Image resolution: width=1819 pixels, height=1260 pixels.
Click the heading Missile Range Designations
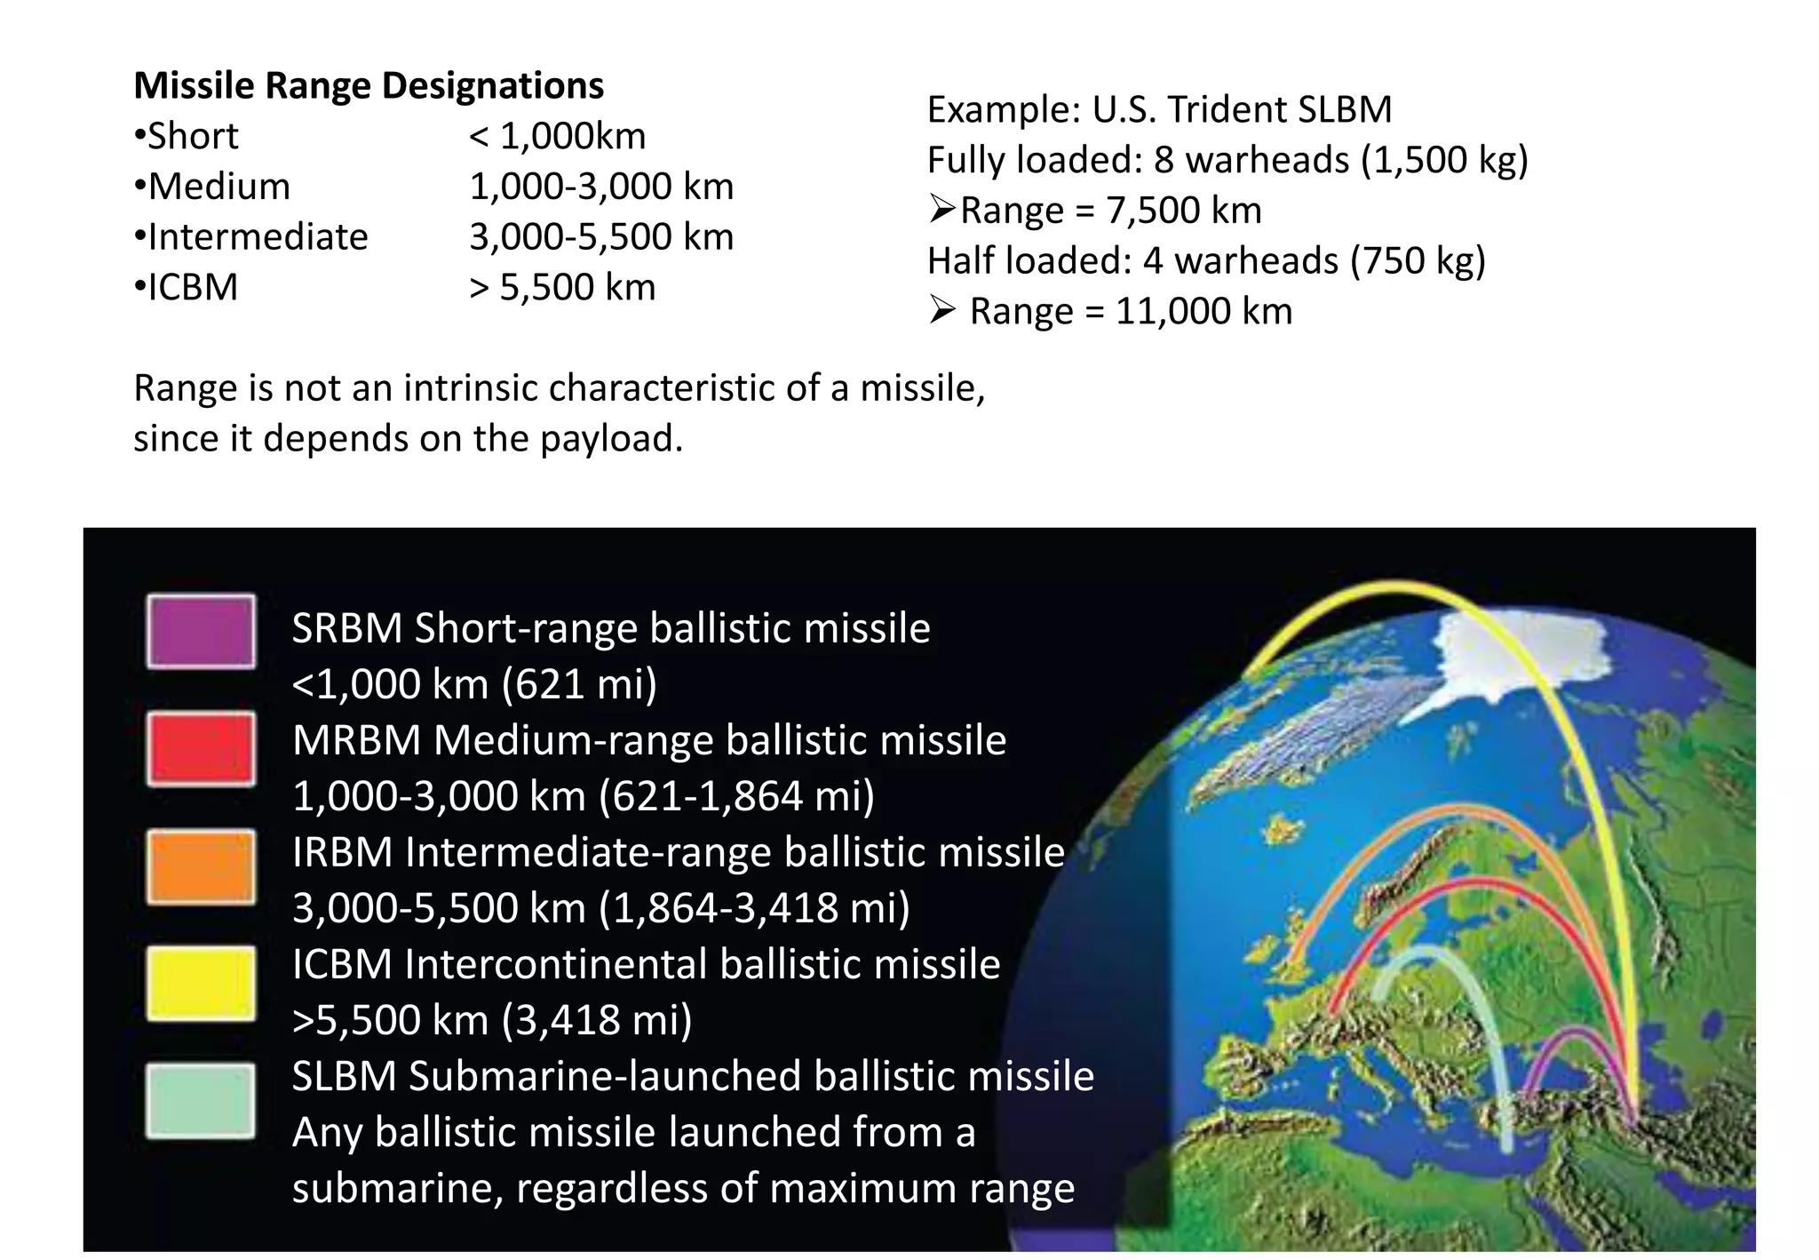(x=368, y=86)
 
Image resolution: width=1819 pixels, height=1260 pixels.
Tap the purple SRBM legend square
(x=201, y=632)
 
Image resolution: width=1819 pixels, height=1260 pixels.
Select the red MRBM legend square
(x=201, y=749)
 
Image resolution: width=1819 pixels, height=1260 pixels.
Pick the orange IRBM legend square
(x=201, y=866)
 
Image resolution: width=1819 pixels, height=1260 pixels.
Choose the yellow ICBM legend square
(x=201, y=984)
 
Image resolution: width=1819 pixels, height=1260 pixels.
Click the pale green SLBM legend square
(x=201, y=1101)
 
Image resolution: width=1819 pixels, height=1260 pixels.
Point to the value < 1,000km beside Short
(x=557, y=136)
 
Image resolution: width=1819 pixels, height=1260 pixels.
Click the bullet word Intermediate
(x=258, y=237)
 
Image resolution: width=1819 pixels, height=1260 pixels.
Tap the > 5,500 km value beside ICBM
(x=562, y=288)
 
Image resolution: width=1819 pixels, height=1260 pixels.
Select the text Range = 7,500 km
(x=1110, y=211)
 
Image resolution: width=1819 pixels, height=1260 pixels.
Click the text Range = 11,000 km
(x=1130, y=312)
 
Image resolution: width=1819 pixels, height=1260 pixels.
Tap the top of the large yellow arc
(x=1394, y=585)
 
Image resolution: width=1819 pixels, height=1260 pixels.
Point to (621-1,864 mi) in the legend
(x=736, y=796)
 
